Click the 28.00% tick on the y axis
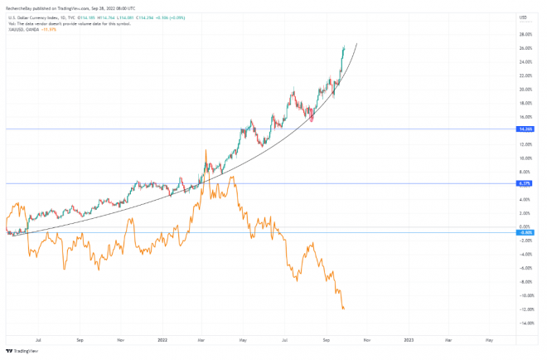coord(525,35)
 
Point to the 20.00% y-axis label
coord(525,90)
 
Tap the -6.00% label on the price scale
coord(525,268)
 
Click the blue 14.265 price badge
coord(525,129)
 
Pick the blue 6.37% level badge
coord(525,182)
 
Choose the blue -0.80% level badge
coord(525,232)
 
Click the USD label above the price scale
coord(523,17)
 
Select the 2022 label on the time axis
coord(163,339)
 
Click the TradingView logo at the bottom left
coord(20,351)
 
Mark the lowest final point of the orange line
coord(344,309)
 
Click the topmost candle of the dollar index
coord(344,48)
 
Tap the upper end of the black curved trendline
coord(356,43)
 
